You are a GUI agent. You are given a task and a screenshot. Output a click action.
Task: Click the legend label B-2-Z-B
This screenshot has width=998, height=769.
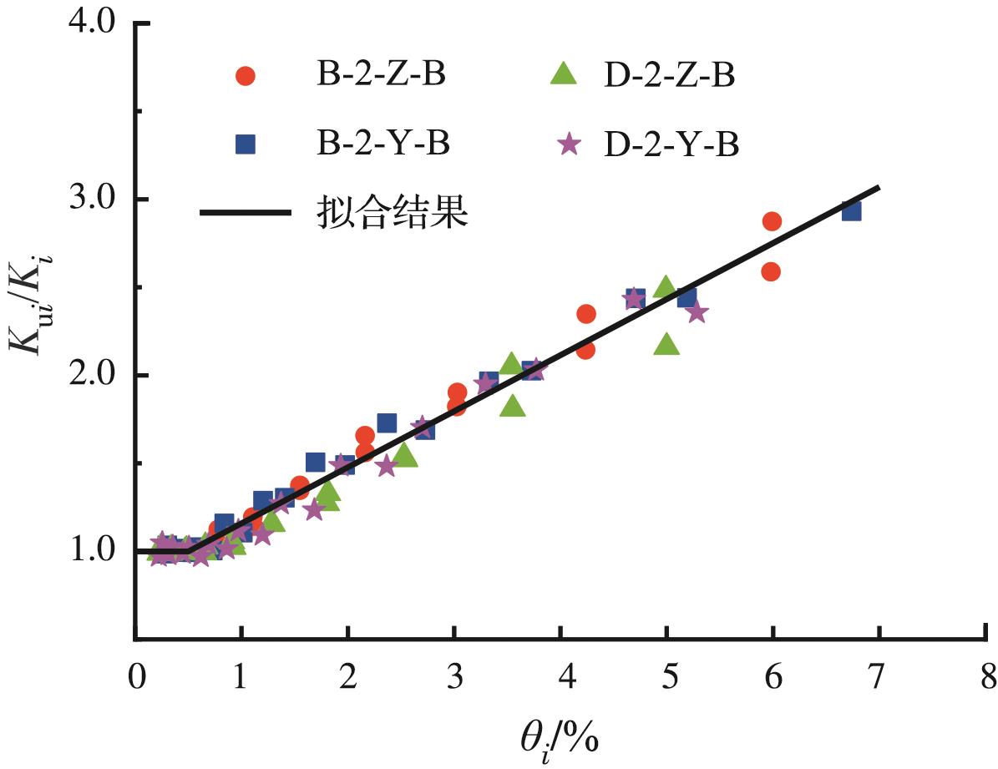pyautogui.click(x=374, y=74)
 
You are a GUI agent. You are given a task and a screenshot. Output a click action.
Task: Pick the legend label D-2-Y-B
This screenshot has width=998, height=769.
pyautogui.click(x=668, y=143)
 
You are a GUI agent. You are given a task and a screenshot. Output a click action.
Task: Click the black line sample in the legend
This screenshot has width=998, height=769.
pyautogui.click(x=244, y=212)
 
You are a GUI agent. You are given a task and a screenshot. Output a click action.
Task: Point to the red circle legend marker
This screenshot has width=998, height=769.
pyautogui.click(x=246, y=75)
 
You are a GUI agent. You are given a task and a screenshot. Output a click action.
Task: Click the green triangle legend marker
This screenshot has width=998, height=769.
pyautogui.click(x=565, y=73)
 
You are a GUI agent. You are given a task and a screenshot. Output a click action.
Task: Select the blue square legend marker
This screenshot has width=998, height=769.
pyautogui.click(x=246, y=144)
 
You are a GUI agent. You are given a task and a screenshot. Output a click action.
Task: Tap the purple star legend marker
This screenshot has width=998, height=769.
pyautogui.click(x=570, y=144)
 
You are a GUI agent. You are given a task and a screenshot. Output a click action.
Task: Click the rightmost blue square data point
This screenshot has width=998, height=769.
pyautogui.click(x=851, y=210)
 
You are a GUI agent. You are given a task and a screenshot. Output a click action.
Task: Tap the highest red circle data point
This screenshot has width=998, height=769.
pyautogui.click(x=772, y=221)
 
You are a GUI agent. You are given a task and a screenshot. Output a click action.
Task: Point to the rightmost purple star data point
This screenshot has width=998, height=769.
pyautogui.click(x=697, y=312)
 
